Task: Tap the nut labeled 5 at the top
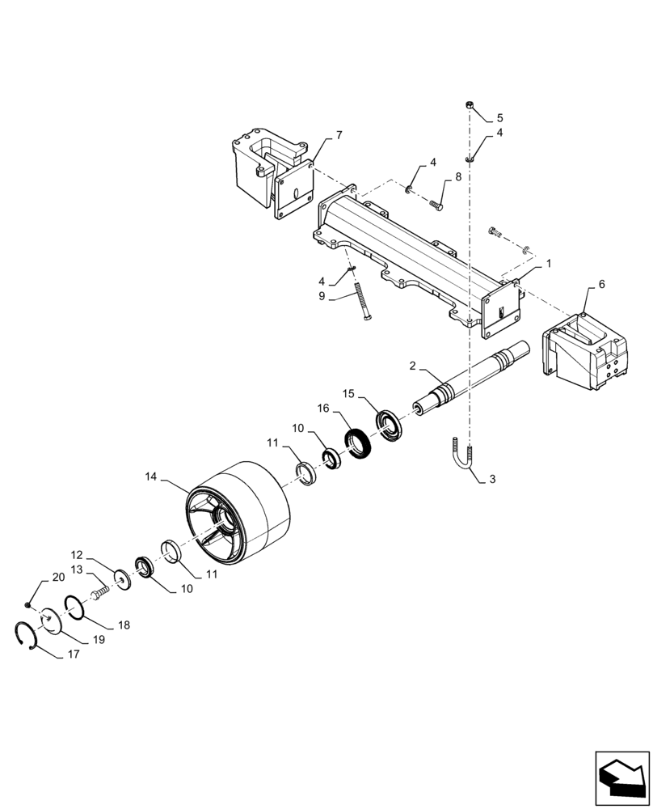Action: [x=470, y=106]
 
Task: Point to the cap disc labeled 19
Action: [x=50, y=620]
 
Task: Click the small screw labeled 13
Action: [x=100, y=592]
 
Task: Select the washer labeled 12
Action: [x=124, y=579]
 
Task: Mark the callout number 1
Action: [x=549, y=265]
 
